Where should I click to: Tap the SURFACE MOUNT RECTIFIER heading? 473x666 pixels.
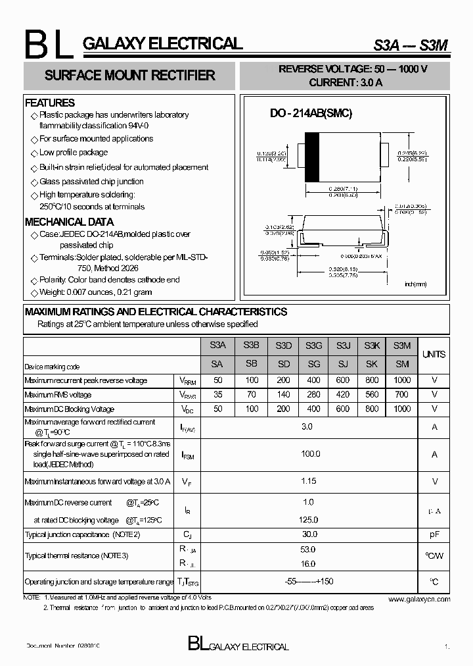(x=129, y=75)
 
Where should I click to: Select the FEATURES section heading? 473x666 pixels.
(x=50, y=103)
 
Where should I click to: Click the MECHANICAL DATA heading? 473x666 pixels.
(x=69, y=222)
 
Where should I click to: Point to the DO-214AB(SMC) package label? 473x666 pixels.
(x=311, y=113)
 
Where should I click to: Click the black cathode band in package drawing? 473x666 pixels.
(x=313, y=157)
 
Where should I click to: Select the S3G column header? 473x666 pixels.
(x=313, y=346)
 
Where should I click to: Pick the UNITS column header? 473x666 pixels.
(x=434, y=354)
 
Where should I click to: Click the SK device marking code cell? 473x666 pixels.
(x=372, y=364)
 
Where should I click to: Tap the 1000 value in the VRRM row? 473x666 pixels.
(x=402, y=380)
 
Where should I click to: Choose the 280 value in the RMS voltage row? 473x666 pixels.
(x=313, y=395)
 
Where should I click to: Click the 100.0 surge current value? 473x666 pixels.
(x=310, y=454)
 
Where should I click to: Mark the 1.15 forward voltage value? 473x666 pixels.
(x=308, y=481)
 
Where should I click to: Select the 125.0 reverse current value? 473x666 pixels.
(x=308, y=520)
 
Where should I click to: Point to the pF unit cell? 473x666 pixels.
(x=434, y=535)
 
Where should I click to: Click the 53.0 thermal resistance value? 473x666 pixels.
(x=308, y=550)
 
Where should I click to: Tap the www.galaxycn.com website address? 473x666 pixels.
(x=419, y=600)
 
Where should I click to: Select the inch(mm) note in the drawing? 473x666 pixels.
(x=415, y=284)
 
